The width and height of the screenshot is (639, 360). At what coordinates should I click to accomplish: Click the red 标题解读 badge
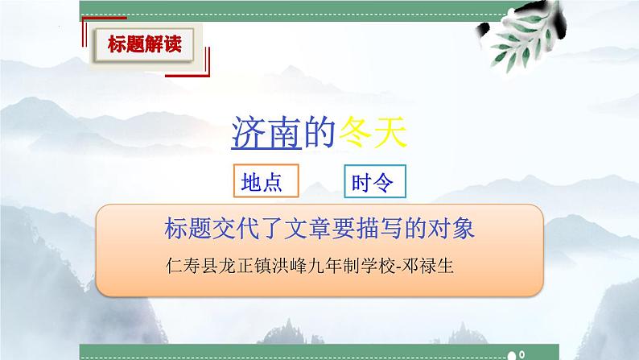(x=145, y=44)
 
